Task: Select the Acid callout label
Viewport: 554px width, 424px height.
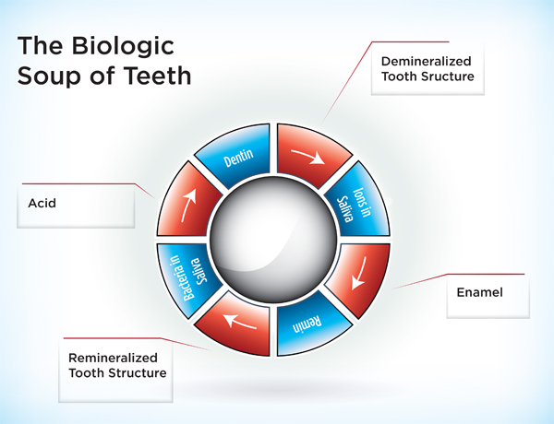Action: pos(42,203)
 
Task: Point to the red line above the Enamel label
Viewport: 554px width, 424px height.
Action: pos(480,275)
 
